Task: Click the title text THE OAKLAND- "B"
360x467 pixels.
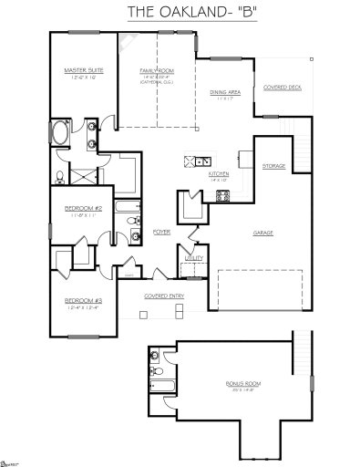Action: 180,12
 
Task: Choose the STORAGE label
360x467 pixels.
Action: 273,166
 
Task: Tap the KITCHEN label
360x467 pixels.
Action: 220,173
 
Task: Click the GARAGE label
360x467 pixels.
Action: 264,233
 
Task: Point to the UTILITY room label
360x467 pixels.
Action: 194,260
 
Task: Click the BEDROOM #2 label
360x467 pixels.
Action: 83,209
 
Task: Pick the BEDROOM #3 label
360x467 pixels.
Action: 82,300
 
